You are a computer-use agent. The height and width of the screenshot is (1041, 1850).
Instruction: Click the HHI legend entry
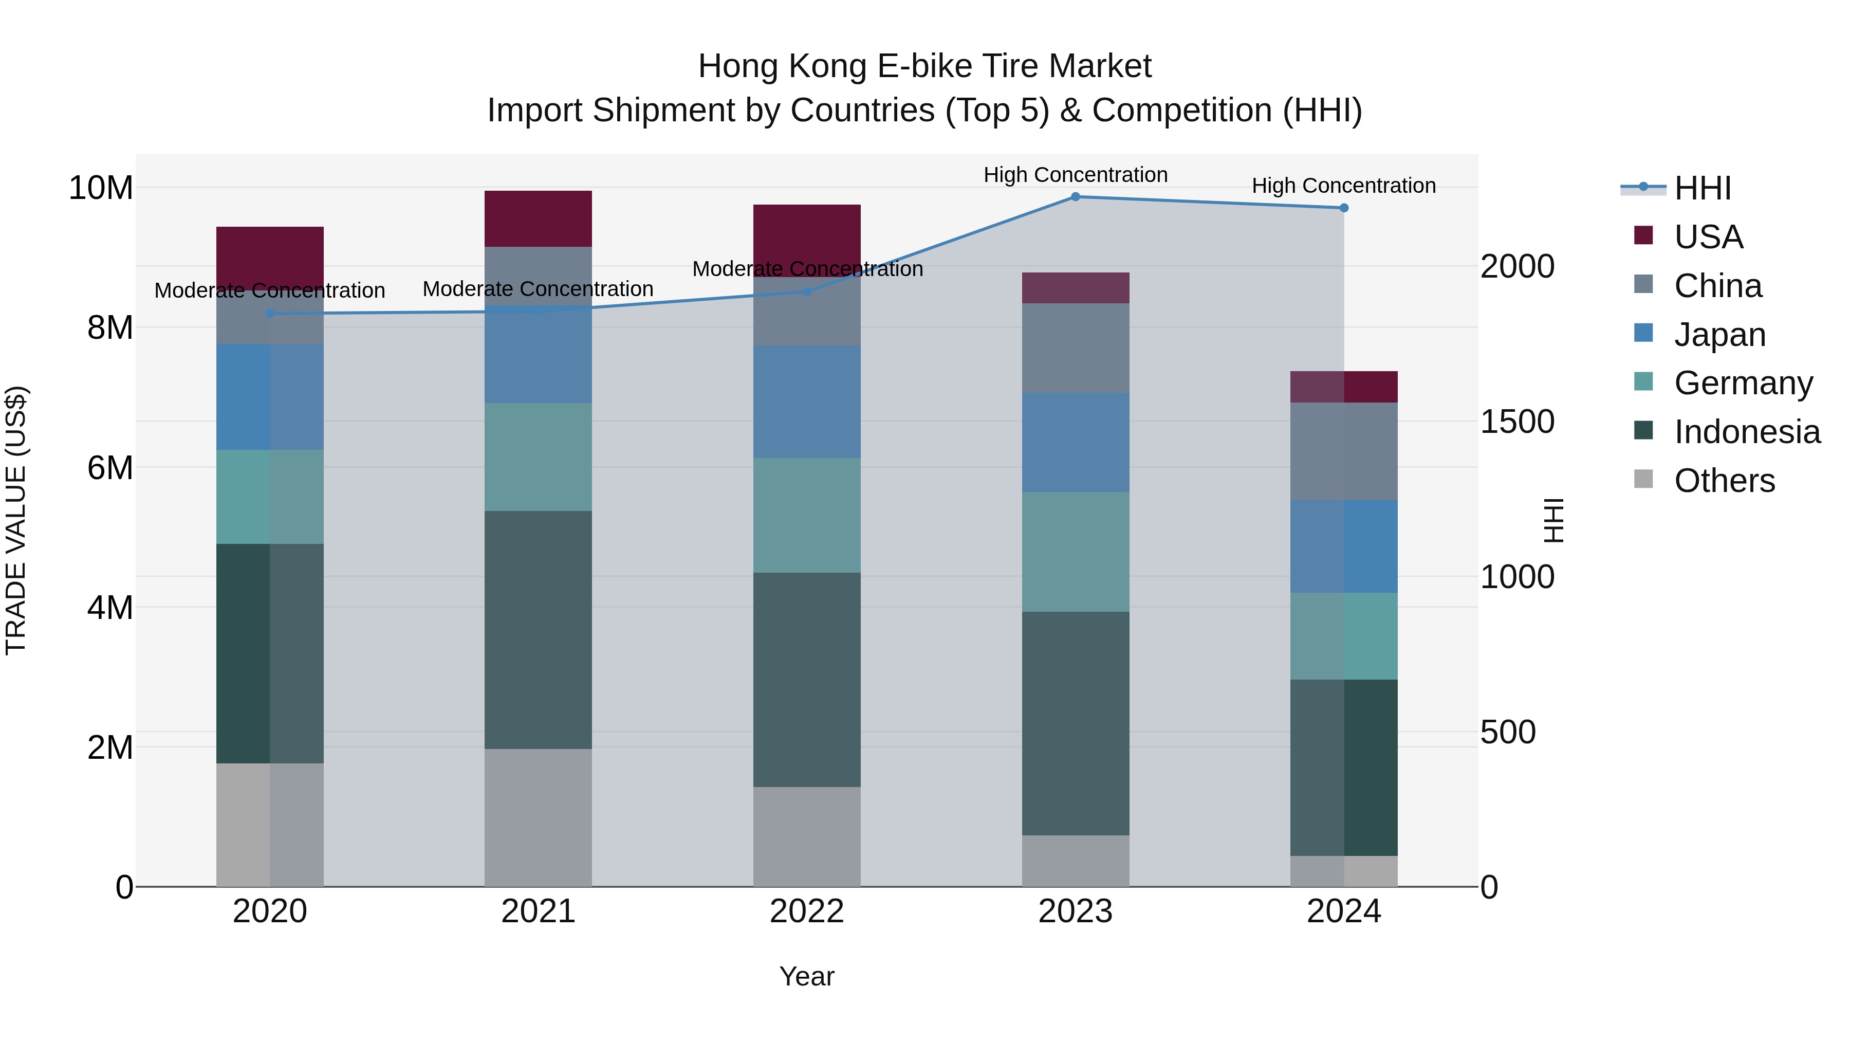[x=1701, y=188]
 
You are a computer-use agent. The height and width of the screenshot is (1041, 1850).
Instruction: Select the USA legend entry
[x=1708, y=237]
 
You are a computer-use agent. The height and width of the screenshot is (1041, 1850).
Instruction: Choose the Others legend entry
[x=1724, y=481]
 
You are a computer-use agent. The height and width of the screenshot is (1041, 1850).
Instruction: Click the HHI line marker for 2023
[x=1075, y=197]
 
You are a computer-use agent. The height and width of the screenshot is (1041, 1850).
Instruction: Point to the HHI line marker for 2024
[x=1344, y=208]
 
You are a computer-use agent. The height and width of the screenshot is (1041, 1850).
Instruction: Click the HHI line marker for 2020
[x=270, y=314]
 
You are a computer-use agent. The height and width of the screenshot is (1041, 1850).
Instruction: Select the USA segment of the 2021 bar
[x=538, y=219]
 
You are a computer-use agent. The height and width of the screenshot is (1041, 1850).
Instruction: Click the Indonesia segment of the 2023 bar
[x=1075, y=723]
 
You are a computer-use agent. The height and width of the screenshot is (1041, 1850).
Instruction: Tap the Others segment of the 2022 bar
[x=806, y=836]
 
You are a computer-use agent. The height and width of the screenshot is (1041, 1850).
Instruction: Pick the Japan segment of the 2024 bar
[x=1344, y=547]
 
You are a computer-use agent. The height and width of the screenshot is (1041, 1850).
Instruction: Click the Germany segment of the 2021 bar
[x=538, y=457]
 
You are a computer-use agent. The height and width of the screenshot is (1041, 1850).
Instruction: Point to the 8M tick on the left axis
[x=110, y=327]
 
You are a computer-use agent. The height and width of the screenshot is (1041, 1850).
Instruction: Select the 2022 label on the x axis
[x=806, y=911]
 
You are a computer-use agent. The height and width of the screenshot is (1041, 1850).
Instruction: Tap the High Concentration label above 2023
[x=1075, y=175]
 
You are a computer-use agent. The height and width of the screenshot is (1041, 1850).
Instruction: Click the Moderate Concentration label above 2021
[x=538, y=289]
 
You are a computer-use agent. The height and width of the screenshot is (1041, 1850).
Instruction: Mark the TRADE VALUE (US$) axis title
[x=16, y=520]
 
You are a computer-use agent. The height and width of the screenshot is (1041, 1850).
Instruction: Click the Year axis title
[x=806, y=976]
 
